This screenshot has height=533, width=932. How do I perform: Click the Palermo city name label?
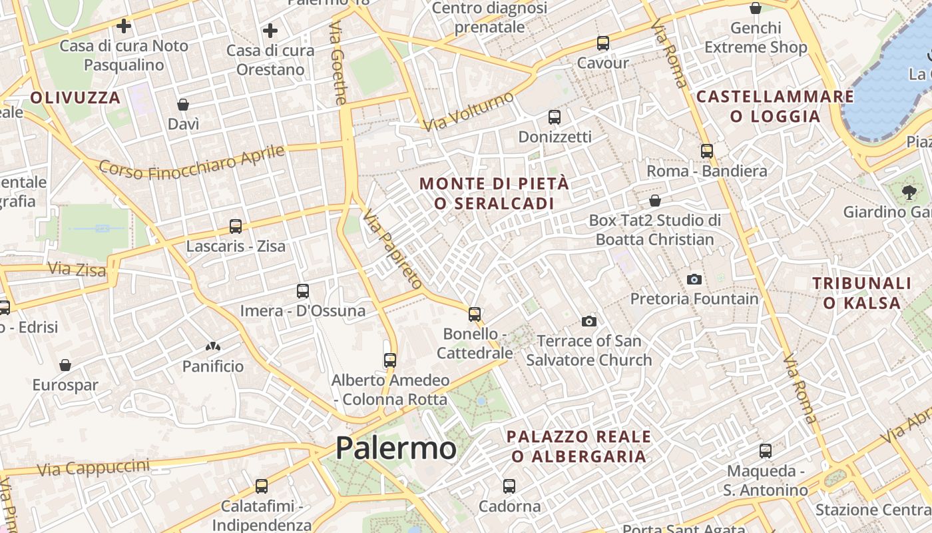coord(395,448)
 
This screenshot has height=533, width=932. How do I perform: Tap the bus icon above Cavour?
coord(603,43)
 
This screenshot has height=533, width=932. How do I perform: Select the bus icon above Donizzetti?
coord(555,117)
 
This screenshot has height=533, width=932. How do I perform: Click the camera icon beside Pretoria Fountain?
coord(694,279)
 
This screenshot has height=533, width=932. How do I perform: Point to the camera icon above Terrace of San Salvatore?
coord(588,322)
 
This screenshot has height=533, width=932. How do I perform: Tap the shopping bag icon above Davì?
coord(183,105)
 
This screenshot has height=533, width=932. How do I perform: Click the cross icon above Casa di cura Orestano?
coord(270,31)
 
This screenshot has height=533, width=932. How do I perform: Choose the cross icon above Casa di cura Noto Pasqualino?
coord(124,27)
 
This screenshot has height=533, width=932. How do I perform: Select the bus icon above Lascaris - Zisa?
coord(236,227)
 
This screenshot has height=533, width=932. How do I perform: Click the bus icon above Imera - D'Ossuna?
coord(303,291)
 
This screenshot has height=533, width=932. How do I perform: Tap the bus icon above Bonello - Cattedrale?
coord(475,314)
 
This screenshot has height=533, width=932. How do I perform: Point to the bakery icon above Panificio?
coord(213,346)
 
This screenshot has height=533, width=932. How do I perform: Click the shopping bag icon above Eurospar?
coord(65,365)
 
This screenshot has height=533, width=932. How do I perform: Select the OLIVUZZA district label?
coord(75,98)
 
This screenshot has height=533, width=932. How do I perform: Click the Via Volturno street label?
coord(469,111)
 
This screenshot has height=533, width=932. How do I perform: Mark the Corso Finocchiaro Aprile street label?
coord(192,162)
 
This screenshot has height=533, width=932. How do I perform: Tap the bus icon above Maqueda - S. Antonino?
coord(766,451)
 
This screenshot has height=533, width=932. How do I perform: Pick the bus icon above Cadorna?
coord(509,486)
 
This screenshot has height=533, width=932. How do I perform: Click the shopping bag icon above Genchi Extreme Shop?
coord(756,9)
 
